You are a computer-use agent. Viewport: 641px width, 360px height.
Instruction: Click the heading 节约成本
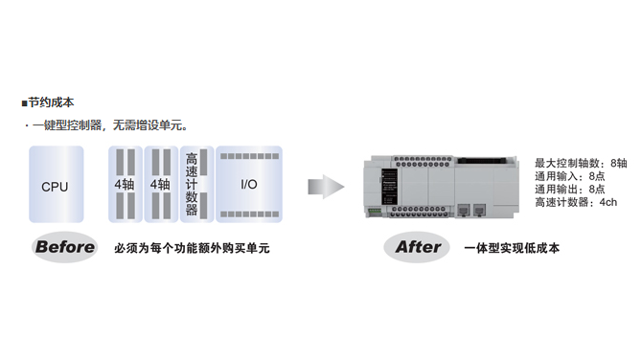[52, 102]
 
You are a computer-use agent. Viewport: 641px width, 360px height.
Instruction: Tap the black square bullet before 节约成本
[24, 102]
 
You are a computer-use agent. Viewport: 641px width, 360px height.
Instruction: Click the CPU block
[55, 185]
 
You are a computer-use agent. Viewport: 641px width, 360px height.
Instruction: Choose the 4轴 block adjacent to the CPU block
[125, 184]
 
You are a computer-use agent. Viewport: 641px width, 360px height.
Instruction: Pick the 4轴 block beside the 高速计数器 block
[159, 184]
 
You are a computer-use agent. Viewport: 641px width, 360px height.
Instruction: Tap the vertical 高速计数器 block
[192, 184]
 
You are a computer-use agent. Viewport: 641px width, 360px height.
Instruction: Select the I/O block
[248, 184]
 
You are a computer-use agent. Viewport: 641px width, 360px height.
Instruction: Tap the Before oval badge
[65, 247]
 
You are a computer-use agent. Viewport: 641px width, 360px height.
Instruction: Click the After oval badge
[418, 247]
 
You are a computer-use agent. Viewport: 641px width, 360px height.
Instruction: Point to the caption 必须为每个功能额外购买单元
[192, 248]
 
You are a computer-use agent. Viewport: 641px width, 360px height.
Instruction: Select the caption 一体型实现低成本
[511, 248]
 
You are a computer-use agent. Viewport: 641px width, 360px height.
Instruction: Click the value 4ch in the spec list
[608, 203]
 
